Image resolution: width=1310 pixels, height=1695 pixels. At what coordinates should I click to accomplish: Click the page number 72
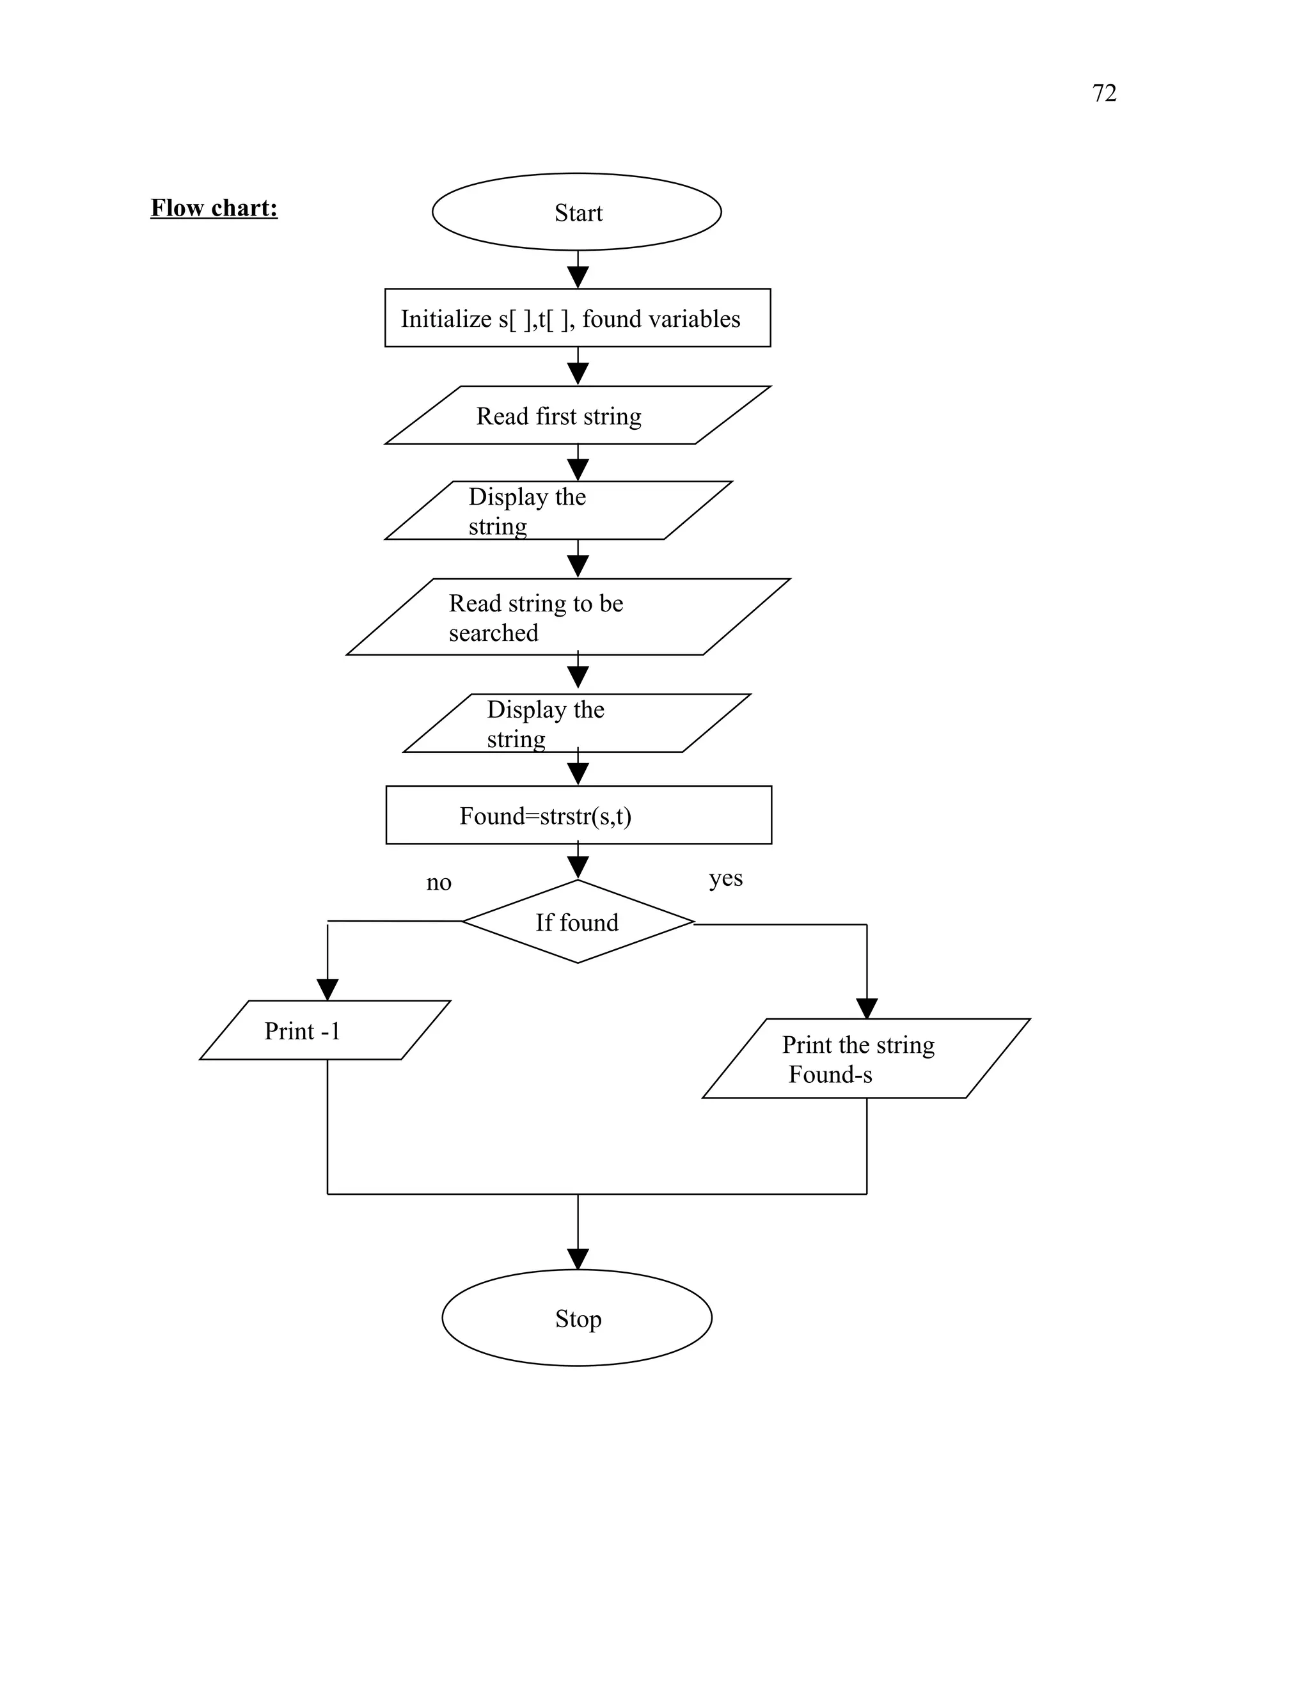pyautogui.click(x=1103, y=93)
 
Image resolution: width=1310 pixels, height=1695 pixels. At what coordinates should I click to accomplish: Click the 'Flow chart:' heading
pyautogui.click(x=214, y=208)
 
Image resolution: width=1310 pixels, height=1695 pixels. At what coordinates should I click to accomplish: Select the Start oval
pyautogui.click(x=576, y=212)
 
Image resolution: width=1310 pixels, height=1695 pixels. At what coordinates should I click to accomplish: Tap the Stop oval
pyautogui.click(x=576, y=1319)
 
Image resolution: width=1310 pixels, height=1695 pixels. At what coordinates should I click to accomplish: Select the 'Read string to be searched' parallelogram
pyautogui.click(x=567, y=618)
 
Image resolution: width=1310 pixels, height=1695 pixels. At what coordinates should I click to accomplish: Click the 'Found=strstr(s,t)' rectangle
pyautogui.click(x=578, y=816)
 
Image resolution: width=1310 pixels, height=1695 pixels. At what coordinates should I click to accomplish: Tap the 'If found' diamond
pyautogui.click(x=578, y=922)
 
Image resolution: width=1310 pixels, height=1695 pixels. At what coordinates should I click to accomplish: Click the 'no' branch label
pyautogui.click(x=438, y=883)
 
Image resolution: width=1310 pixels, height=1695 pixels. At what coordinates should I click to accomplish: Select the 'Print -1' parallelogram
pyautogui.click(x=324, y=1030)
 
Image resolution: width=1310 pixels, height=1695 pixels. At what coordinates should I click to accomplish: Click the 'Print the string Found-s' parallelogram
pyautogui.click(x=865, y=1059)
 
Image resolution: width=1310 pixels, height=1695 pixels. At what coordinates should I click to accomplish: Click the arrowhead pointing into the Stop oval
pyautogui.click(x=578, y=1259)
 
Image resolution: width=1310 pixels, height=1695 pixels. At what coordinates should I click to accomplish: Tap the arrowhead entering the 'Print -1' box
pyautogui.click(x=327, y=990)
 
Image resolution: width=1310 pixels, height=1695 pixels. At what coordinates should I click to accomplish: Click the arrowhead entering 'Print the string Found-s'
pyautogui.click(x=866, y=1009)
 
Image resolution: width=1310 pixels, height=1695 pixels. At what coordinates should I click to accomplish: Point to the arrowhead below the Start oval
pyautogui.click(x=578, y=277)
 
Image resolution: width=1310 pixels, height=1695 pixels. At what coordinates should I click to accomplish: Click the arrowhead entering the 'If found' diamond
pyautogui.click(x=578, y=868)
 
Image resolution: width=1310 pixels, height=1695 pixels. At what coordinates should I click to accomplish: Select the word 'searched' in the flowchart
pyautogui.click(x=494, y=633)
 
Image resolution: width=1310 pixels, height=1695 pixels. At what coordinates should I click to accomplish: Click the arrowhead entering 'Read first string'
pyautogui.click(x=578, y=374)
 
